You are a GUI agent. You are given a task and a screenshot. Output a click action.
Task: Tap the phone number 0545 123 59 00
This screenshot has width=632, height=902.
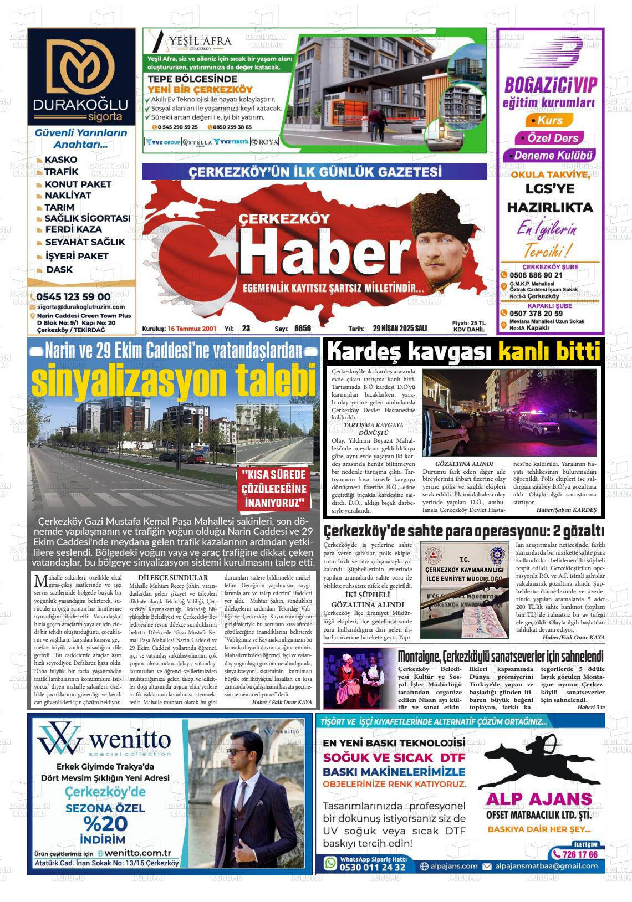pyautogui.click(x=73, y=296)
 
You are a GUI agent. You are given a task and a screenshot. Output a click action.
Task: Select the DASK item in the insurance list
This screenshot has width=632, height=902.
pyautogui.click(x=59, y=270)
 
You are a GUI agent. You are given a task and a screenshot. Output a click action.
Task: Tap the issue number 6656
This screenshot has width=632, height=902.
pyautogui.click(x=303, y=329)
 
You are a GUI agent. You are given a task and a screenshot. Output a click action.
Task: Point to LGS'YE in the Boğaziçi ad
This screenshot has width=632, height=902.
pyautogui.click(x=550, y=189)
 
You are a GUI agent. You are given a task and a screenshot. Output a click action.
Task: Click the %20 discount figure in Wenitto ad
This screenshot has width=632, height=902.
pyautogui.click(x=105, y=822)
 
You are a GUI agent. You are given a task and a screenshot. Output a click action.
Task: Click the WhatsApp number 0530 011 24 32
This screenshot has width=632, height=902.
pyautogui.click(x=372, y=867)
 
